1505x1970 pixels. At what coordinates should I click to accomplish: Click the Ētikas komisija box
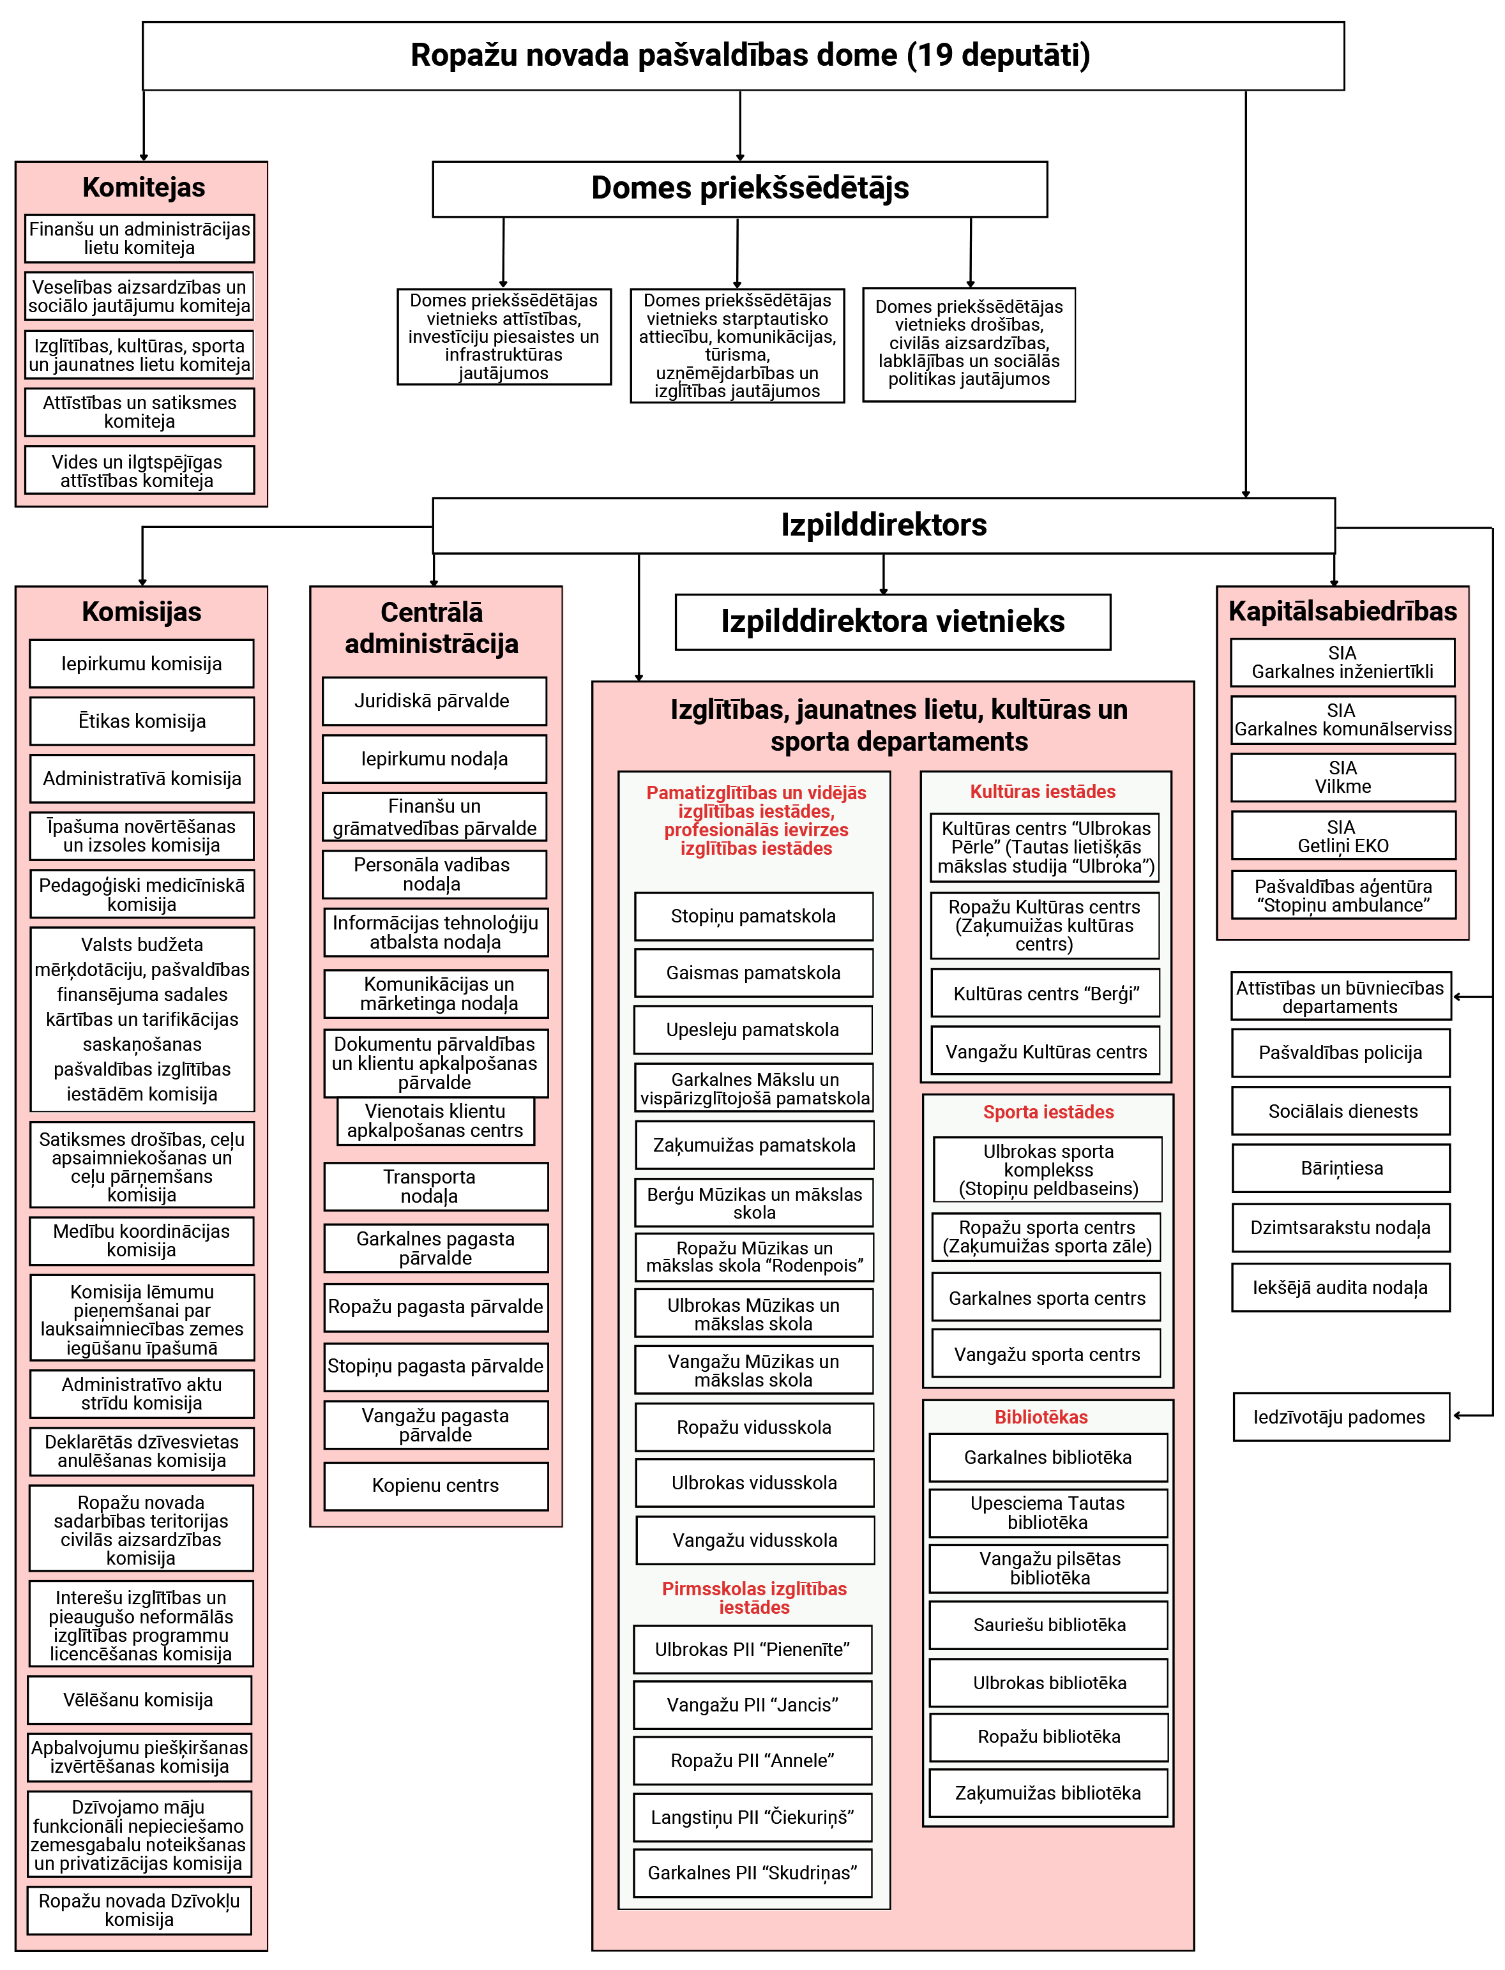[142, 721]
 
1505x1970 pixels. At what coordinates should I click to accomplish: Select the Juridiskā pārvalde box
[434, 700]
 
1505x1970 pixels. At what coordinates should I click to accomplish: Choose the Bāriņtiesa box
[1341, 1168]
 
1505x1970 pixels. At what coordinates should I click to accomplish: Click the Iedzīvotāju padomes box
[1341, 1417]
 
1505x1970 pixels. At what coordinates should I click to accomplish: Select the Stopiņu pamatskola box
[753, 916]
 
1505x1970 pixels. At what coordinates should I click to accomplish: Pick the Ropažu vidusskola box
[754, 1427]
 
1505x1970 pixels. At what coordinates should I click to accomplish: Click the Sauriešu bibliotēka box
[1049, 1625]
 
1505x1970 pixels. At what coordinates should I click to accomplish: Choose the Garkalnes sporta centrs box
[1047, 1298]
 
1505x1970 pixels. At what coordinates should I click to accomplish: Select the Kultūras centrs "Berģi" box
[1045, 993]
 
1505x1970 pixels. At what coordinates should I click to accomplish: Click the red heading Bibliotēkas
[1041, 1417]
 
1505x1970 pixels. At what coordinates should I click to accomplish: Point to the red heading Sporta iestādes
[1048, 1111]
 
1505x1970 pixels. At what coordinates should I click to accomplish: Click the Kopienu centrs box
[435, 1485]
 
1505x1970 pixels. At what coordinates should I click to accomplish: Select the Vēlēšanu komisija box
[139, 1699]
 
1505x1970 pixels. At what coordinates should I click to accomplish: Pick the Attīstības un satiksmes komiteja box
[140, 412]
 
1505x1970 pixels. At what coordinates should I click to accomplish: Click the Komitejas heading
[143, 187]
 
